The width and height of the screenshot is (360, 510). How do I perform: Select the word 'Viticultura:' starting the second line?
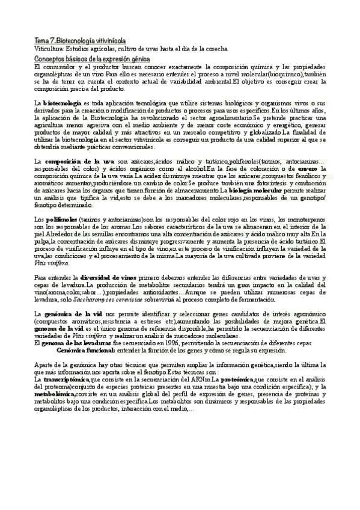[x=50, y=47]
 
